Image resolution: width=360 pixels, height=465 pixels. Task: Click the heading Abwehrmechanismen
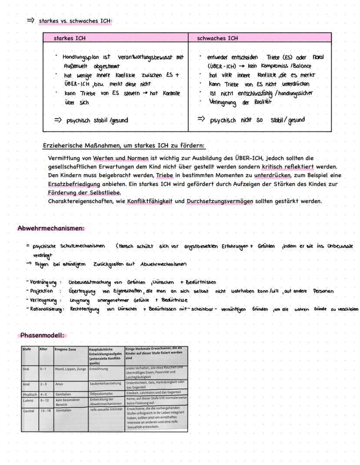pyautogui.click(x=51, y=228)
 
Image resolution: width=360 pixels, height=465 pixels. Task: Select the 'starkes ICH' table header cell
pyautogui.click(x=70, y=38)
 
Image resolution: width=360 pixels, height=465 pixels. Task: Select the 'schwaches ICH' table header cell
pyautogui.click(x=217, y=38)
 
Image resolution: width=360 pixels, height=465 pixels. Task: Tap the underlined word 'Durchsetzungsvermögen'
pyautogui.click(x=222, y=201)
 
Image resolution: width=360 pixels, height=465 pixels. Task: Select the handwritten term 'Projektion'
pyautogui.click(x=42, y=291)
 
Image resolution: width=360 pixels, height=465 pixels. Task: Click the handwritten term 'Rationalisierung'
pyautogui.click(x=45, y=309)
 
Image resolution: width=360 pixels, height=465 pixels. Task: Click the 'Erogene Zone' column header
pyautogui.click(x=65, y=349)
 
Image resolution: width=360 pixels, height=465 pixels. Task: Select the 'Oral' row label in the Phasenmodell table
pyautogui.click(x=26, y=368)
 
